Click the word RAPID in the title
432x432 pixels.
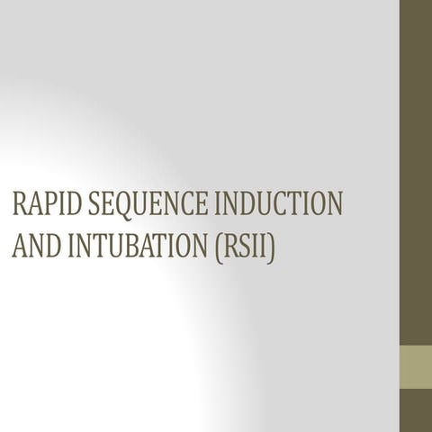(x=41, y=203)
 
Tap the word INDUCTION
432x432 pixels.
(x=280, y=203)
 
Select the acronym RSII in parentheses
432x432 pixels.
(x=245, y=244)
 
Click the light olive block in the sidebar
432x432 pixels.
(x=416, y=366)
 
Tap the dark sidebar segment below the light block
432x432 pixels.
(x=416, y=410)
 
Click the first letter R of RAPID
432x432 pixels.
(x=19, y=203)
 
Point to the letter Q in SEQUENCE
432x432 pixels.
(x=117, y=204)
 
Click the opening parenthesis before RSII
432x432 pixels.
(x=219, y=245)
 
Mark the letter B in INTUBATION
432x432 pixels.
(x=138, y=244)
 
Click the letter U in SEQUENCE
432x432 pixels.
(x=133, y=203)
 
